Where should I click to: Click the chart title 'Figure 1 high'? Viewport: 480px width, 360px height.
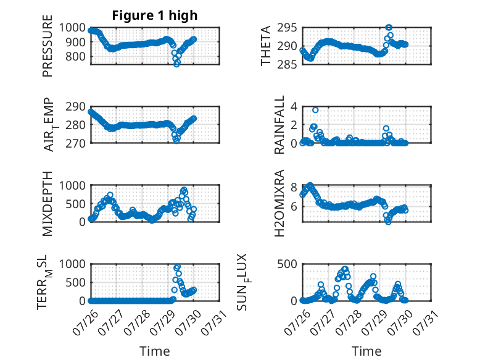[155, 15]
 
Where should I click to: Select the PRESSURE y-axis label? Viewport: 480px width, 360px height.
[48, 46]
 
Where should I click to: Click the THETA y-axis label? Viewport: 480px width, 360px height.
[266, 46]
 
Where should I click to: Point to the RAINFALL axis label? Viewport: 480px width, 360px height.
[279, 125]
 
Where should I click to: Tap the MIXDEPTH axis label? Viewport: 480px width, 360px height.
[48, 203]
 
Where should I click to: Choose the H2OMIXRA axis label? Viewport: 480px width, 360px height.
[279, 203]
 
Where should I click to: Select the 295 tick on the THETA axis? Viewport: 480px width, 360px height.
[287, 28]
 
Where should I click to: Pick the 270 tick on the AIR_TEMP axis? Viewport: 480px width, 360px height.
[75, 143]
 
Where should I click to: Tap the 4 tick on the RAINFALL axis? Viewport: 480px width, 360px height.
[294, 107]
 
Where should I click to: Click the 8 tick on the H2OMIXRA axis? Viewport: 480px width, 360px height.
[294, 187]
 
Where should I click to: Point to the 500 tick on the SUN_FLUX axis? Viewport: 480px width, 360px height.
[287, 264]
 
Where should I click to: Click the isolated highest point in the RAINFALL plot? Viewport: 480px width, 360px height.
[315, 110]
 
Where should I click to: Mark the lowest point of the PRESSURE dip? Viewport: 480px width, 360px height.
[176, 64]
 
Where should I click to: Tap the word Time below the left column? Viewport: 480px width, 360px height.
[155, 351]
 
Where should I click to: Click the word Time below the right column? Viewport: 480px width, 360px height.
[366, 351]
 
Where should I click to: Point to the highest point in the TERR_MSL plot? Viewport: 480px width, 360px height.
[178, 267]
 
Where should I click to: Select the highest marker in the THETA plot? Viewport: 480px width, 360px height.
[389, 28]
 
